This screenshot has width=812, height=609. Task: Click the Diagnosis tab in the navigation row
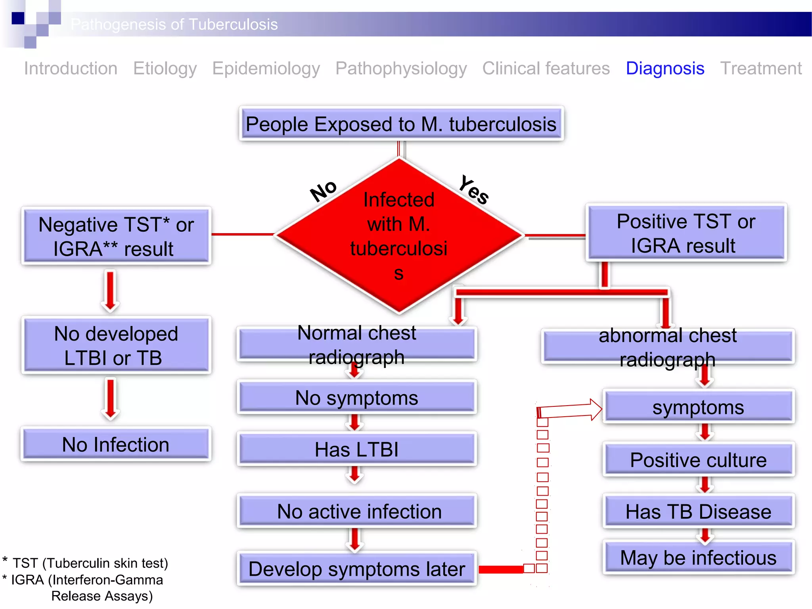pos(665,69)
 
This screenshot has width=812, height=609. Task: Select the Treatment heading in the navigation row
pos(760,69)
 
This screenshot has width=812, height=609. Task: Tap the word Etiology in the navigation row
pos(165,69)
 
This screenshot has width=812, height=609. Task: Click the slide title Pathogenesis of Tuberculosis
pos(174,25)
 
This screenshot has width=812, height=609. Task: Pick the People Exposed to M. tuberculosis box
pos(401,124)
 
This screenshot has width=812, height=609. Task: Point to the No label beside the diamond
pos(324,191)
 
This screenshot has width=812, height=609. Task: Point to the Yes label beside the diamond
pos(473,190)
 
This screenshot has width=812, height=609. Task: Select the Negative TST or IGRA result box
pos(116,236)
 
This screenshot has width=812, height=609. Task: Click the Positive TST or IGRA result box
pos(686,233)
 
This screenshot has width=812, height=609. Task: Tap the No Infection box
pos(116,444)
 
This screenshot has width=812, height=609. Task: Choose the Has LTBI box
pos(356,450)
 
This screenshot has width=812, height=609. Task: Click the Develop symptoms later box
pos(356,569)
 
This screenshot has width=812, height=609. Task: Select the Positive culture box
pos(698,460)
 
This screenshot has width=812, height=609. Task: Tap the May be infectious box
pos(698,558)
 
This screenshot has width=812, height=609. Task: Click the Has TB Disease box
pos(698,511)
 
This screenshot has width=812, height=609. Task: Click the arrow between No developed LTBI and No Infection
pos(111,398)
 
